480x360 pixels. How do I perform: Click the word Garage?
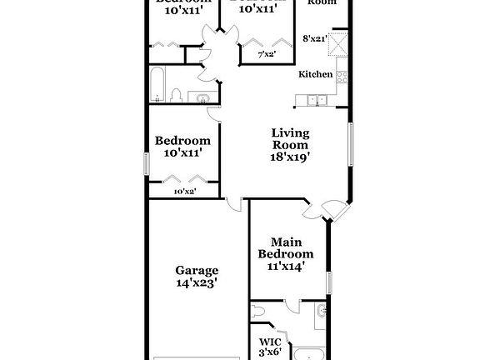[197, 270]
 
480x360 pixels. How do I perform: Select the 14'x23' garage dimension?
[197, 283]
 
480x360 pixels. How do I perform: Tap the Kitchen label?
[316, 74]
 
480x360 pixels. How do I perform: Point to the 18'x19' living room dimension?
[290, 156]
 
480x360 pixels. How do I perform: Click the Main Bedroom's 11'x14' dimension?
[286, 267]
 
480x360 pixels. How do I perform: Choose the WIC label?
[269, 342]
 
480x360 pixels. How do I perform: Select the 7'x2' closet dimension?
[266, 54]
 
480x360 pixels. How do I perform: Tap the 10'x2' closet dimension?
[183, 192]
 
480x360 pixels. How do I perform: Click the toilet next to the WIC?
[259, 312]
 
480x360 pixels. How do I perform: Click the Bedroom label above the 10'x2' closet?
[182, 141]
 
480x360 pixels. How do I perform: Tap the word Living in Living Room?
[290, 132]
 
